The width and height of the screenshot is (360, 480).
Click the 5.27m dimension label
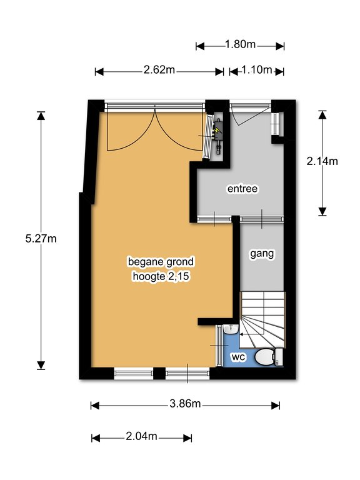(x=41, y=239)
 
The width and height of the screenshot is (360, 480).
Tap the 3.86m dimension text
(x=185, y=404)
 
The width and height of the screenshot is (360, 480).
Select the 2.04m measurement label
(x=141, y=436)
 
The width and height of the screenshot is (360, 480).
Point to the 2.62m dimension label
(x=159, y=70)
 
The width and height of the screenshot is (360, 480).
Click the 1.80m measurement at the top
(x=240, y=44)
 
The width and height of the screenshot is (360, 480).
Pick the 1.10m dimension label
(x=257, y=70)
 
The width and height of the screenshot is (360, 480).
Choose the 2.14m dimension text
(x=322, y=161)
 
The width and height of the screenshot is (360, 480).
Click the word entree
(x=242, y=189)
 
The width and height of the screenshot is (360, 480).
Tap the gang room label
(x=262, y=254)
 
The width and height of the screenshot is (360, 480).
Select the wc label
(x=239, y=357)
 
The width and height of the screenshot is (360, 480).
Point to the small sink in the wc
(x=231, y=329)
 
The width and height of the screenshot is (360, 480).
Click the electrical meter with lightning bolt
(x=218, y=134)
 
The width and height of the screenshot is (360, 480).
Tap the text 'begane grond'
(x=161, y=262)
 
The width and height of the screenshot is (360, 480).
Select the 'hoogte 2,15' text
(x=161, y=277)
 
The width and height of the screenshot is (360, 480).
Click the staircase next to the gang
(x=263, y=320)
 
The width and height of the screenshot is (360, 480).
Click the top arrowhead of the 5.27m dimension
(x=41, y=116)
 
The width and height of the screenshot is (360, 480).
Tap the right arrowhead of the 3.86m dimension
(x=276, y=406)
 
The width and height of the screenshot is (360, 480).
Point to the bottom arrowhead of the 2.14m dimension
(x=322, y=211)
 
